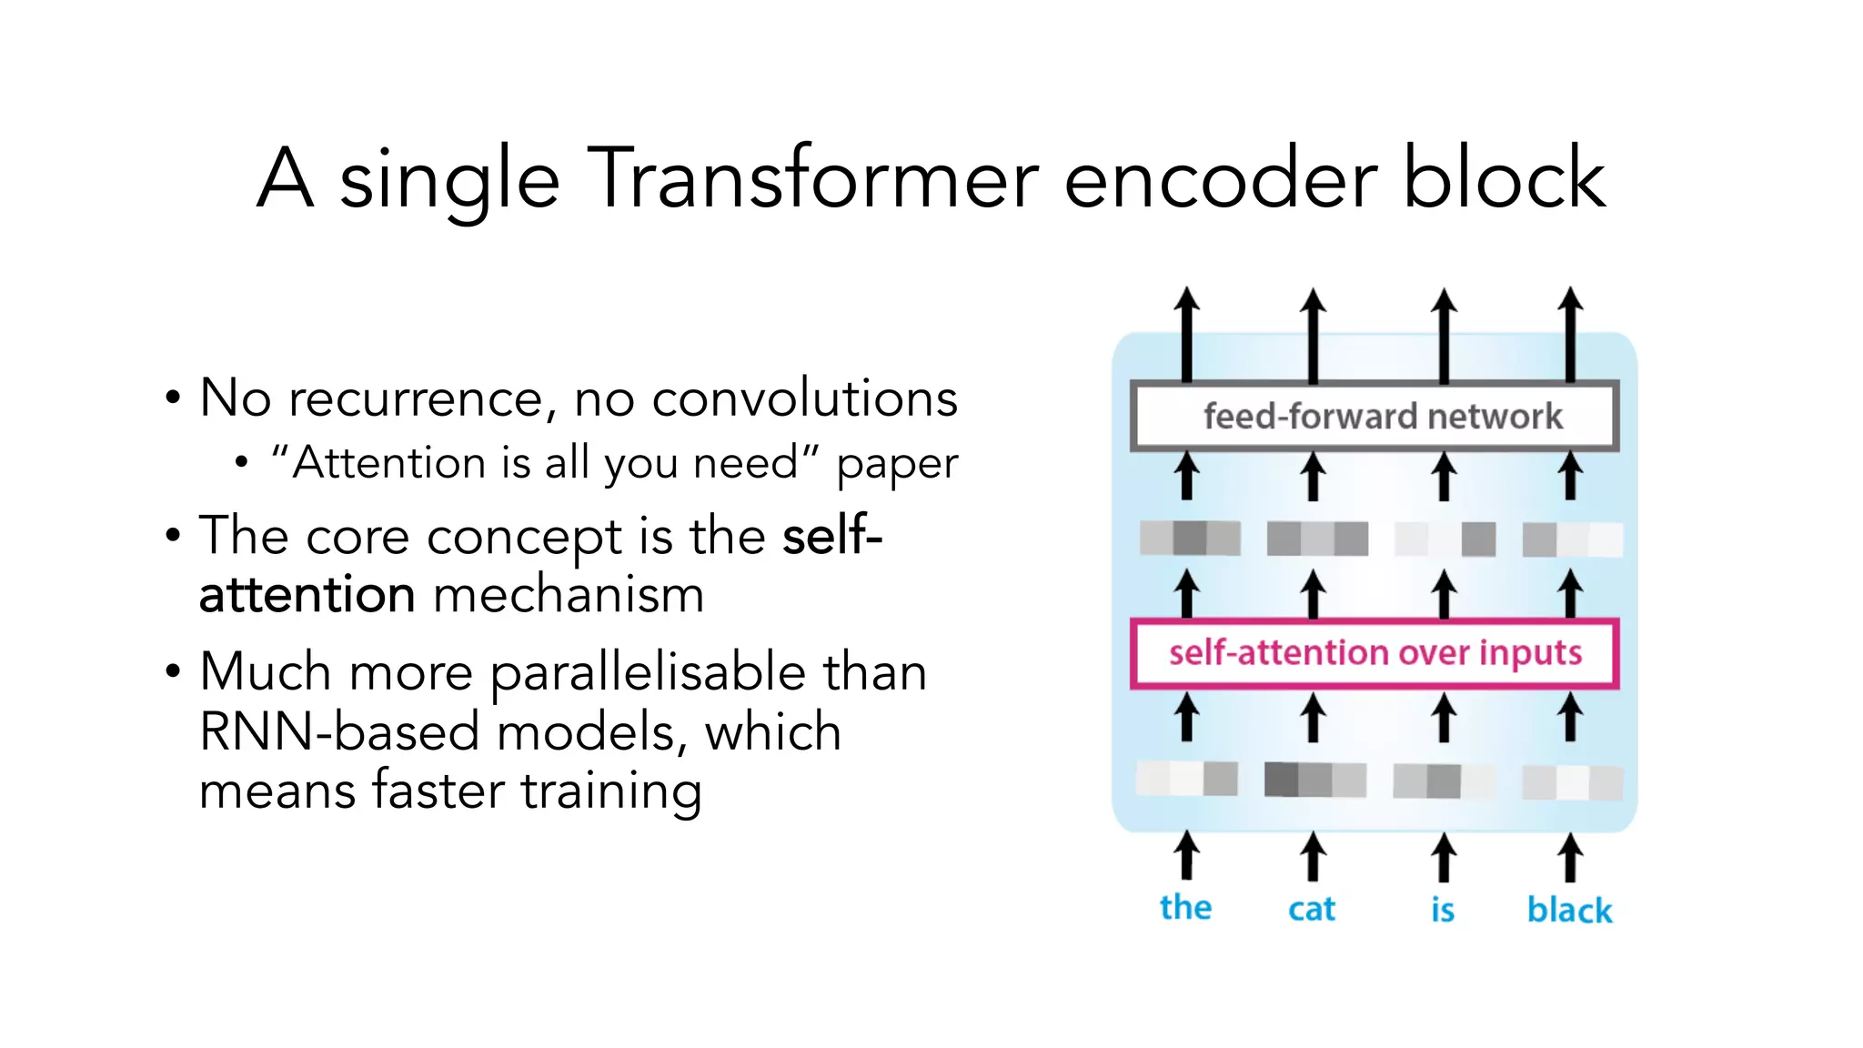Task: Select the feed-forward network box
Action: [1374, 417]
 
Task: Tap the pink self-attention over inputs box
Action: [1374, 653]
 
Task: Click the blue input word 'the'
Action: [1185, 907]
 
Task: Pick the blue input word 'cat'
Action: [1311, 909]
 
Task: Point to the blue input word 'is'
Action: [1443, 909]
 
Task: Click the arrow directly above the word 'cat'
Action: [1312, 857]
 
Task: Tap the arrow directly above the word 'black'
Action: [1570, 857]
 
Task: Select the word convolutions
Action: [804, 398]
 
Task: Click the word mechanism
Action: [569, 595]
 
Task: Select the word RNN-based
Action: [338, 731]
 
